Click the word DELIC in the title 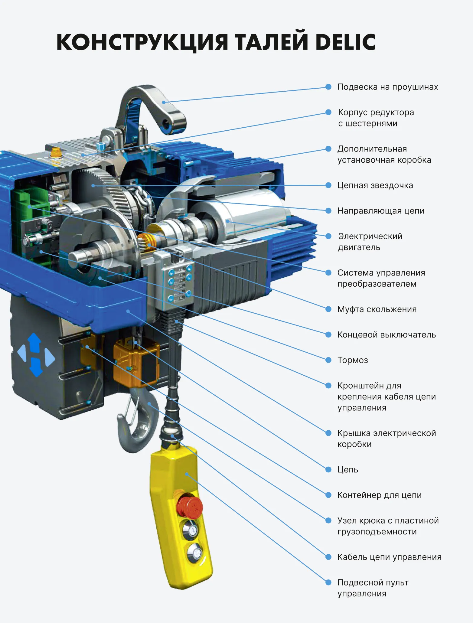(345, 42)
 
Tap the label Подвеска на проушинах (388, 87)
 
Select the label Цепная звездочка (375, 185)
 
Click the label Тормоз (353, 360)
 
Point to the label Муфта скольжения (377, 309)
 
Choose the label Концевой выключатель (387, 335)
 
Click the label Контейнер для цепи (379, 495)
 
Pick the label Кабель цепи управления (389, 557)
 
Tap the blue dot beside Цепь (328, 469)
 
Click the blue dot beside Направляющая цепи (328, 210)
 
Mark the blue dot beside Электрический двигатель (328, 236)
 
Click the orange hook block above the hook (136, 363)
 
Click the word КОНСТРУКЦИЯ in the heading (142, 42)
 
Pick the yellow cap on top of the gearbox (56, 152)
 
